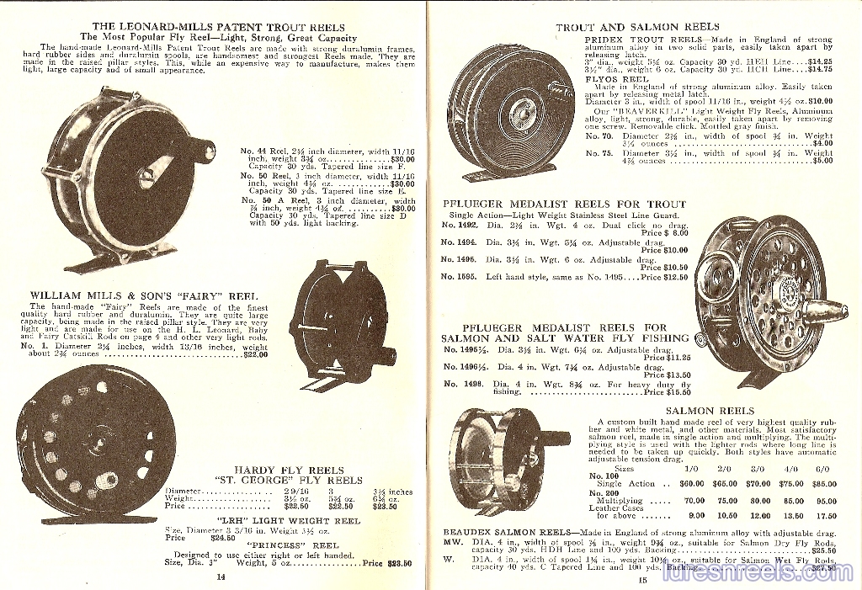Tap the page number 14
point(221,577)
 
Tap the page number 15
point(641,578)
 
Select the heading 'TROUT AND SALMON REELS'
point(637,27)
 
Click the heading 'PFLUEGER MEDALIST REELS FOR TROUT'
point(564,204)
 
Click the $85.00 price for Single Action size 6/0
point(827,484)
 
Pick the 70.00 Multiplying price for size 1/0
point(692,500)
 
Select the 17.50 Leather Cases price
point(827,516)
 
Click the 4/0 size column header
point(791,468)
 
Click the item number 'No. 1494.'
point(459,242)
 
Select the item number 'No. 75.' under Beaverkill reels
point(599,153)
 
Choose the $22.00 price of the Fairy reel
point(255,354)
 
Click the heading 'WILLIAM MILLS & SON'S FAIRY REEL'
point(143,295)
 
